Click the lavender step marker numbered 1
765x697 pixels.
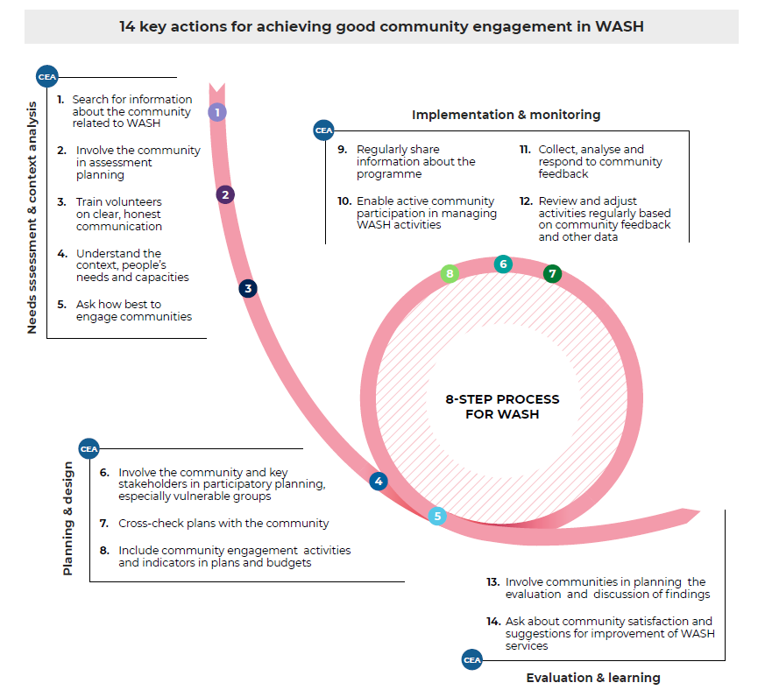tap(217, 112)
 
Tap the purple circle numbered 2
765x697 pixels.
tap(225, 195)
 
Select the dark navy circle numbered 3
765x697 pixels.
tap(248, 289)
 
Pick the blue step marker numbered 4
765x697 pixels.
tap(379, 482)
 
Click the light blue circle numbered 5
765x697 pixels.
tap(437, 516)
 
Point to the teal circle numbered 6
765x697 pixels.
tap(503, 264)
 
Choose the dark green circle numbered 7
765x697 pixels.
tap(552, 273)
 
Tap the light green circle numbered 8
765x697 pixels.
tap(450, 273)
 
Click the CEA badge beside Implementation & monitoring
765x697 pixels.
tap(323, 130)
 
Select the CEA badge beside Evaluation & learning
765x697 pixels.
tap(471, 660)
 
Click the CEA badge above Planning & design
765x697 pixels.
tap(89, 449)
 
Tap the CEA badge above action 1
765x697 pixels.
tap(46, 77)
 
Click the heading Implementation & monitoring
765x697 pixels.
tap(506, 115)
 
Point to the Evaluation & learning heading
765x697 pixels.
tap(593, 678)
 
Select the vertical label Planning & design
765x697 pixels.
tap(67, 518)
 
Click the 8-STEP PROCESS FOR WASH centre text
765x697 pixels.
tap(502, 406)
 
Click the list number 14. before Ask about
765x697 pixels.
tap(493, 622)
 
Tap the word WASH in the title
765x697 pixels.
tap(620, 26)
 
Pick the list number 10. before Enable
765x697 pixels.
tap(344, 201)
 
